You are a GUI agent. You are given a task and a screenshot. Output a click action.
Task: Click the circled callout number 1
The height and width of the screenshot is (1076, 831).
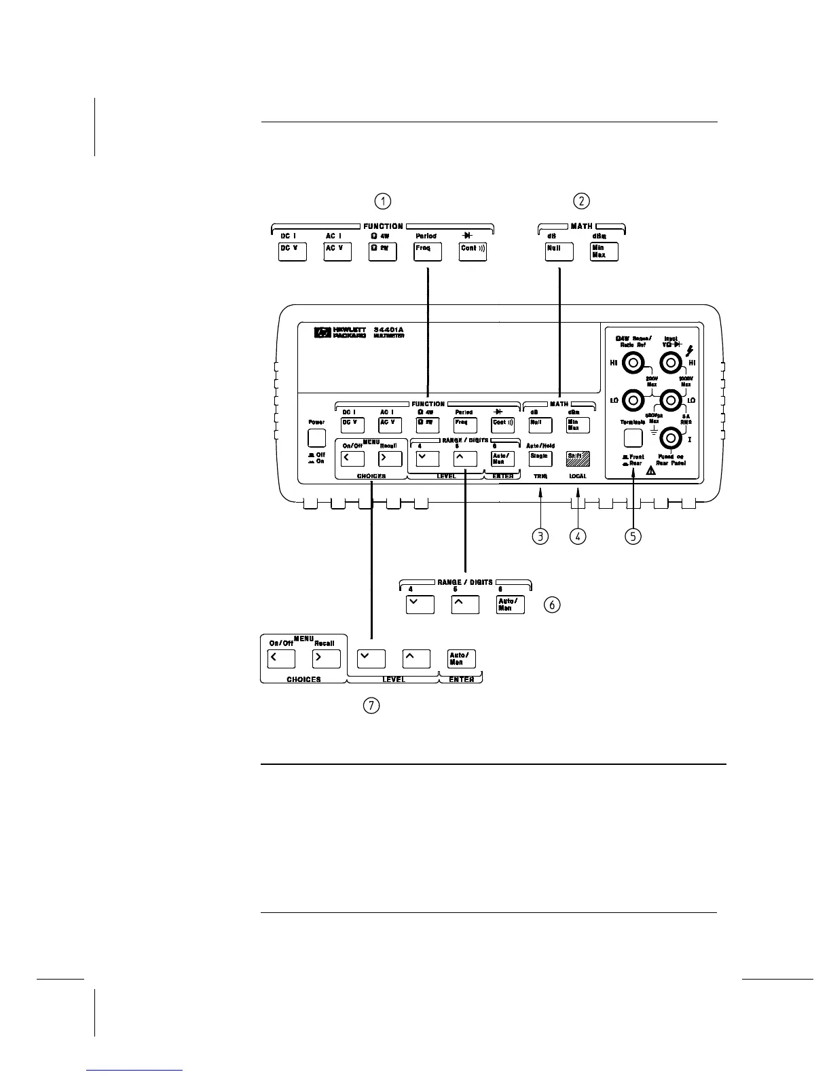pos(384,201)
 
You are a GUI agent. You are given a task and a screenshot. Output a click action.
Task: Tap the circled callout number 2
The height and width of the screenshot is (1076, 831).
pos(581,201)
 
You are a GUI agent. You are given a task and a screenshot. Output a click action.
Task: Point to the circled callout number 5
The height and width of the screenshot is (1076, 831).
pos(633,537)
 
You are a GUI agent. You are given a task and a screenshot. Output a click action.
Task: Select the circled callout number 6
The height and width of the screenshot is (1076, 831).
pos(553,605)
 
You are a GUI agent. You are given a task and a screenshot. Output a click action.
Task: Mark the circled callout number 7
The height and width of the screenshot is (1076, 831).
pos(371,706)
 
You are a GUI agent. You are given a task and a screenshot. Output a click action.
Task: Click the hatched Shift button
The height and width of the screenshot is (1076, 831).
pos(578,458)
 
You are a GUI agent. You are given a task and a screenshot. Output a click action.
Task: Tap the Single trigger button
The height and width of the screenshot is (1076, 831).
pos(540,458)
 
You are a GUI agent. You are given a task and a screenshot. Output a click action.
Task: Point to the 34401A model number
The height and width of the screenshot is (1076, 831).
pos(389,331)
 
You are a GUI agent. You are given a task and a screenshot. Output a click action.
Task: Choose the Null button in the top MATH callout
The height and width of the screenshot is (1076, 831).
pos(559,251)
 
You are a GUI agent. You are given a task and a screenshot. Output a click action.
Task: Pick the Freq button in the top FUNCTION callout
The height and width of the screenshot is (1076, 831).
pos(428,251)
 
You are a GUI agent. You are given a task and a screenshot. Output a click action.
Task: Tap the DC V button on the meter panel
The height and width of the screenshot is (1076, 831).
pos(352,425)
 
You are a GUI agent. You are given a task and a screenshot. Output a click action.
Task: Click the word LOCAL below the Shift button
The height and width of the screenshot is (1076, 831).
pos(578,476)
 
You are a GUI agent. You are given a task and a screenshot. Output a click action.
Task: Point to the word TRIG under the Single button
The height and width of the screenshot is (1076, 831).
pos(540,476)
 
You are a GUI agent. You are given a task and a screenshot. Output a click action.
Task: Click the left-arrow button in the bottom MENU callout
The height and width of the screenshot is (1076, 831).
pos(282,659)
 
